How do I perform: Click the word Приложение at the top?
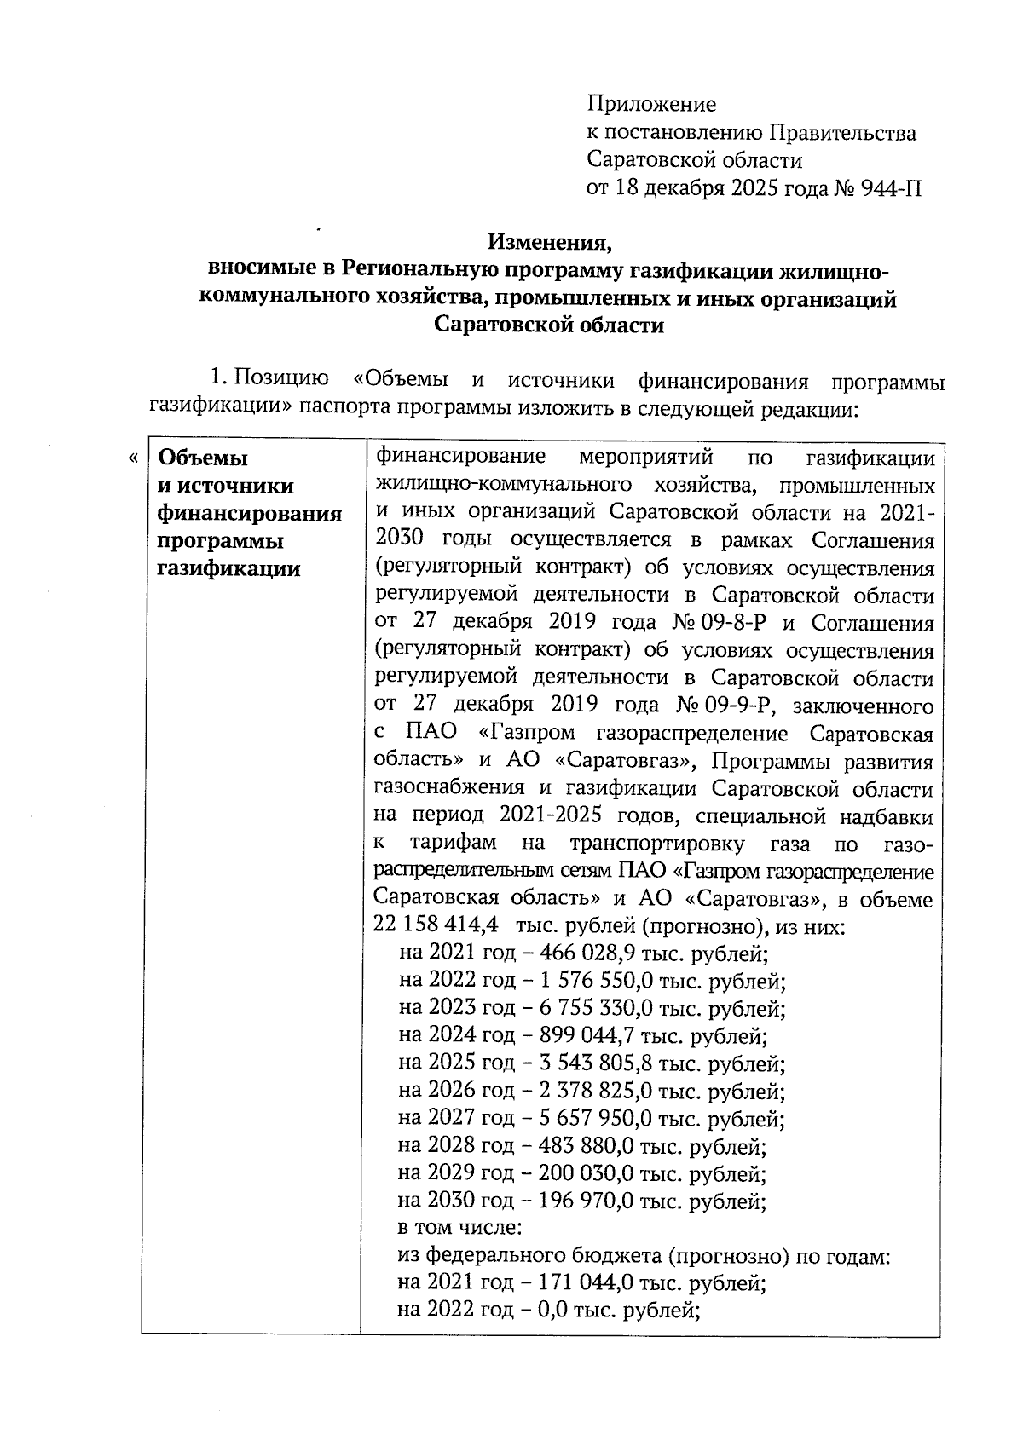click(x=651, y=105)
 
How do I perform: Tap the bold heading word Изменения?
click(x=550, y=242)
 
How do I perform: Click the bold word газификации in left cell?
click(x=229, y=568)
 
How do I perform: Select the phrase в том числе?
click(x=459, y=1228)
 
